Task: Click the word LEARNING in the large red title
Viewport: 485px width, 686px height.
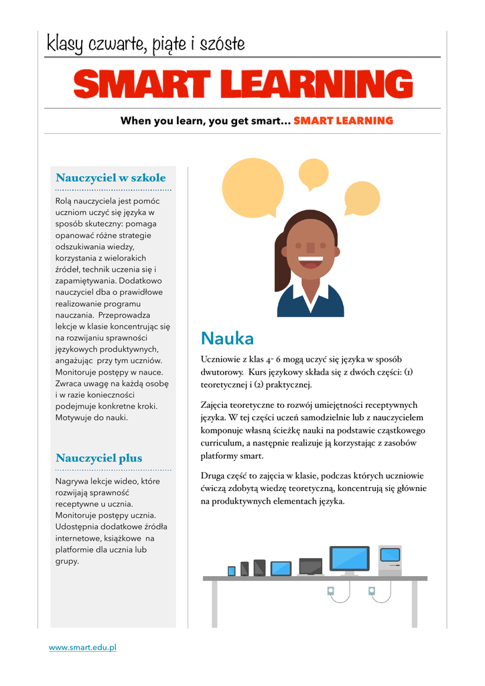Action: pyautogui.click(x=316, y=85)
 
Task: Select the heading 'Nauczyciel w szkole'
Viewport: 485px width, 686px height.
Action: pyautogui.click(x=111, y=178)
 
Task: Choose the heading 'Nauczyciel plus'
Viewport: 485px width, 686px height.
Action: pyautogui.click(x=98, y=458)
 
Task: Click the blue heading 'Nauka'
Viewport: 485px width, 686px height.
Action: pyautogui.click(x=227, y=338)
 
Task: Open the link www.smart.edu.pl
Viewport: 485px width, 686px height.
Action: pyautogui.click(x=82, y=648)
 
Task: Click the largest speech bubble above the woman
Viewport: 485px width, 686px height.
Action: pyautogui.click(x=253, y=188)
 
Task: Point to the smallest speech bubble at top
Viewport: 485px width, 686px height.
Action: pyautogui.click(x=313, y=174)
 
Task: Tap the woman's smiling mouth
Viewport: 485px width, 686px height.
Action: pyautogui.click(x=309, y=261)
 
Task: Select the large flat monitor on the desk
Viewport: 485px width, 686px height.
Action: pyautogui.click(x=349, y=559)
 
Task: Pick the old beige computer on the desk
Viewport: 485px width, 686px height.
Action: pyautogui.click(x=390, y=561)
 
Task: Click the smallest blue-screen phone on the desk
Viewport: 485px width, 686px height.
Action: pyautogui.click(x=232, y=571)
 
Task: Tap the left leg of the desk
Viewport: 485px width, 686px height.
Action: pyautogui.click(x=214, y=603)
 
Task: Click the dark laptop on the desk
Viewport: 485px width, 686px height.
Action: pyautogui.click(x=311, y=567)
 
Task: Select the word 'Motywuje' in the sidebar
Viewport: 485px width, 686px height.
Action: pyautogui.click(x=74, y=417)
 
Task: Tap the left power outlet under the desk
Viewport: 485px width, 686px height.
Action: pyautogui.click(x=330, y=591)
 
